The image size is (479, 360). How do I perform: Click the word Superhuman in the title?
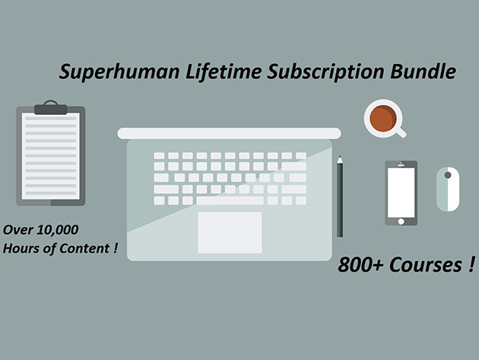[x=119, y=72]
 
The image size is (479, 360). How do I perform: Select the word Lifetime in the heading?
[x=224, y=72]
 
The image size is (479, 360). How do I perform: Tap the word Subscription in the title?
[x=325, y=72]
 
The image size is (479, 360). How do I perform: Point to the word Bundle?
[x=423, y=72]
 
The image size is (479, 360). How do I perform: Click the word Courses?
[x=426, y=265]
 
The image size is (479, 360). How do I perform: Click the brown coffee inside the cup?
[x=383, y=118]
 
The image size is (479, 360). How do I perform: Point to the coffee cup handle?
[x=401, y=132]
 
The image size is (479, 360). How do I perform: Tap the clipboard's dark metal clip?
[x=51, y=107]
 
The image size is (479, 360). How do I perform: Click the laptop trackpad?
[x=230, y=232]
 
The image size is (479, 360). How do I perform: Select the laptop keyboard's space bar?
[x=230, y=201]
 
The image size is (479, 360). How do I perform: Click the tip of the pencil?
[x=340, y=157]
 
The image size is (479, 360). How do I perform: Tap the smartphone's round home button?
[x=401, y=221]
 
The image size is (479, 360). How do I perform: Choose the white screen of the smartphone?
[x=401, y=193]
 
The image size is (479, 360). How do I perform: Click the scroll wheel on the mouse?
[x=448, y=175]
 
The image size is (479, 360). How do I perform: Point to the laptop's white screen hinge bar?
[x=229, y=133]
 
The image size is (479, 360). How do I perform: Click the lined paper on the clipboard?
[x=51, y=156]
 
